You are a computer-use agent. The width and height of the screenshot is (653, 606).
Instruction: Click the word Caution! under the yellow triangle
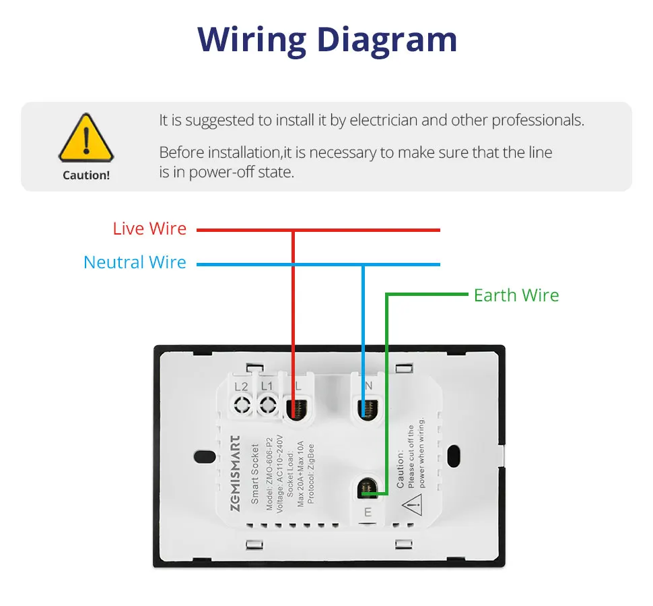pyautogui.click(x=85, y=175)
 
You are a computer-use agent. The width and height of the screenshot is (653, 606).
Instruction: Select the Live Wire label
pyautogui.click(x=149, y=229)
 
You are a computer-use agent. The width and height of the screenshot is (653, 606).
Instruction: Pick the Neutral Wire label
pyautogui.click(x=135, y=262)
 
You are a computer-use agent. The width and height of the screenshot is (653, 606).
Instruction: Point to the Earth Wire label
pyautogui.click(x=516, y=295)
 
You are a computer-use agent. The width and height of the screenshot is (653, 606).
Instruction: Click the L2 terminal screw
pyautogui.click(x=242, y=405)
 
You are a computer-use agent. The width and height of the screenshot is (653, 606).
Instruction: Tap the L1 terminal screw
pyautogui.click(x=267, y=405)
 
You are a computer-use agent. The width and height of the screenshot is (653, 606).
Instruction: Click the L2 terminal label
pyautogui.click(x=242, y=386)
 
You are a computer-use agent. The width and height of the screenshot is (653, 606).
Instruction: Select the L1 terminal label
pyautogui.click(x=267, y=386)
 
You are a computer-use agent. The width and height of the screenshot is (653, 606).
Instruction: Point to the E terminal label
pyautogui.click(x=368, y=512)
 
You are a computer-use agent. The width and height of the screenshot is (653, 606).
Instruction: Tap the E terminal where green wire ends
pyautogui.click(x=367, y=489)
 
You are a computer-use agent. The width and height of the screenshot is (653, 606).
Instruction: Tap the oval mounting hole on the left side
pyautogui.click(x=202, y=458)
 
